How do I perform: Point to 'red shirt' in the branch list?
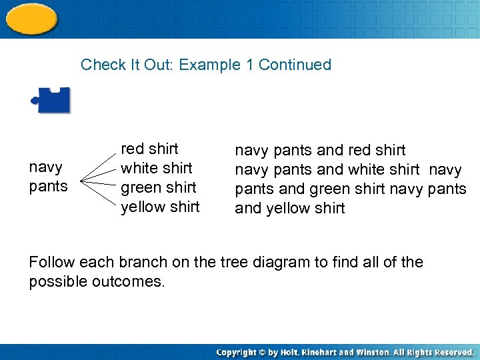pos(149,149)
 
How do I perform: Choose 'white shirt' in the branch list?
pos(156,168)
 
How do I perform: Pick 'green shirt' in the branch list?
pos(158,187)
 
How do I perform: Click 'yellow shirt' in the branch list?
pos(160,207)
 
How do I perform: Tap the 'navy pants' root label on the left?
pos(48,176)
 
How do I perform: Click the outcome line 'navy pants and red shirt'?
pos(320,151)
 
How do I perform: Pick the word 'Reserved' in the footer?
pos(453,352)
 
